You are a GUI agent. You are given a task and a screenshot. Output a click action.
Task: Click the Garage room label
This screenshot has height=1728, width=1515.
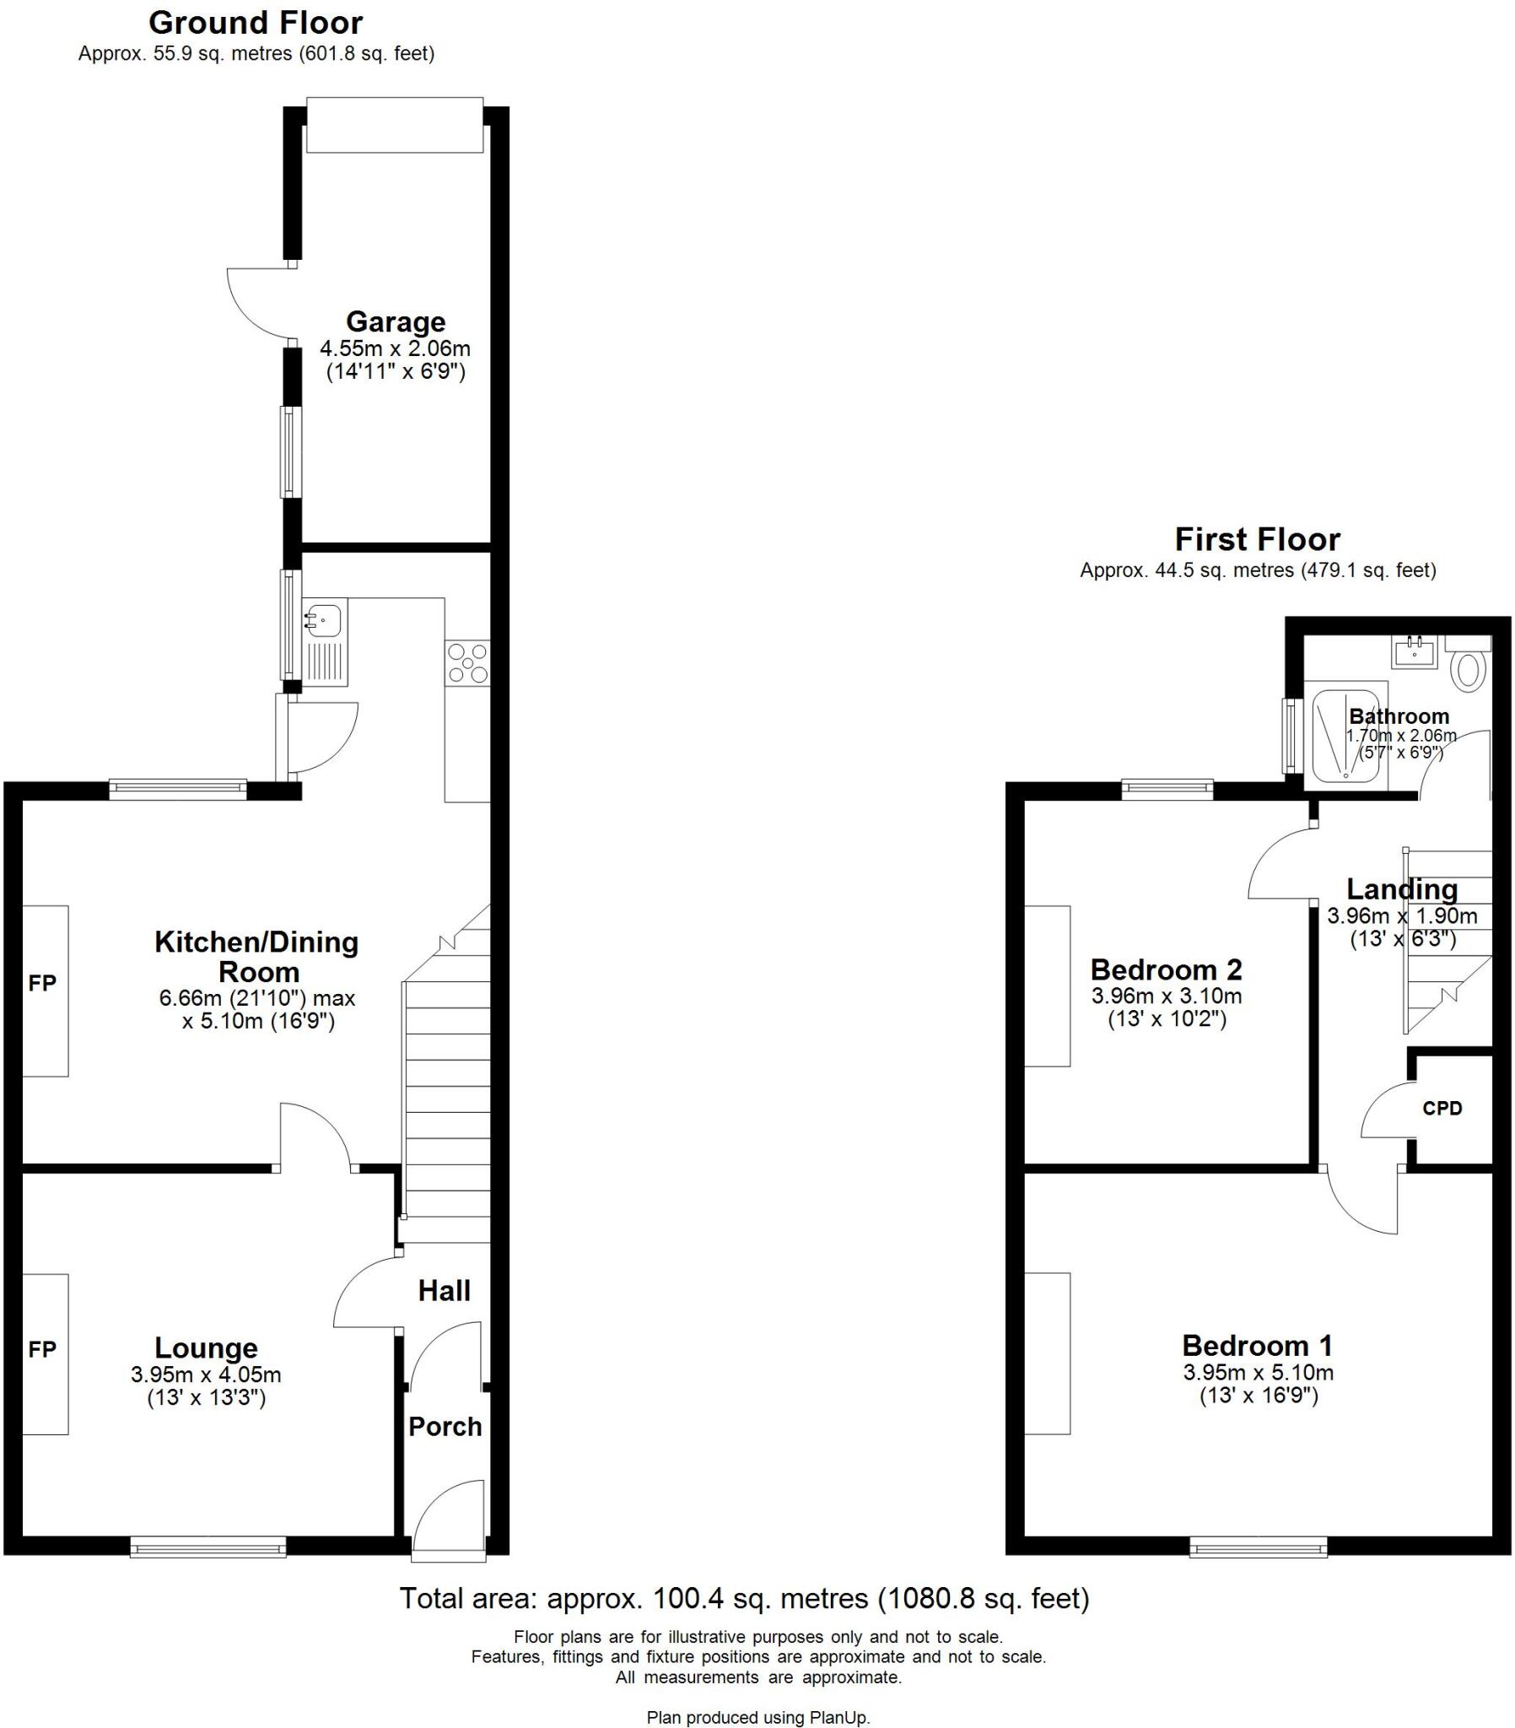point(395,322)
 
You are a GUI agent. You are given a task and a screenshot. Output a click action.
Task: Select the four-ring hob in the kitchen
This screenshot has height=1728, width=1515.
point(467,663)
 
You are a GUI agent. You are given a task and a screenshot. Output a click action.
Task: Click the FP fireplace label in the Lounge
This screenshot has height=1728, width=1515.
point(42,1350)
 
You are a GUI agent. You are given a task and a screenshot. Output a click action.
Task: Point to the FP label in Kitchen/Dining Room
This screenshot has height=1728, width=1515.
point(42,983)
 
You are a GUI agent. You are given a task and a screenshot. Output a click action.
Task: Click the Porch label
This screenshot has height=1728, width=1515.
point(445,1427)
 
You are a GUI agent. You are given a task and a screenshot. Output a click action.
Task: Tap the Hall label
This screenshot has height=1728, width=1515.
point(444,1291)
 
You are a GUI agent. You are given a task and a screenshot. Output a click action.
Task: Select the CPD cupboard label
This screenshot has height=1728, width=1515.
point(1442,1109)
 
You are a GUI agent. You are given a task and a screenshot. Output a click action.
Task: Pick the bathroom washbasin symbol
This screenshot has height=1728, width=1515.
point(1414,653)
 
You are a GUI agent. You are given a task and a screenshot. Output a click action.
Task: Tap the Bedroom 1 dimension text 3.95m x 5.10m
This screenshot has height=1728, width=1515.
point(1258,1373)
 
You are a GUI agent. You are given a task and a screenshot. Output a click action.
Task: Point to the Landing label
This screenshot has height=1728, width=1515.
point(1402,889)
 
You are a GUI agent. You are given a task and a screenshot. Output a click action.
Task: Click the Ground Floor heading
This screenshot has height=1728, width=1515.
point(256,22)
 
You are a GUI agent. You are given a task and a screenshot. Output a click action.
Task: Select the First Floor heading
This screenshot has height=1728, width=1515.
point(1257,539)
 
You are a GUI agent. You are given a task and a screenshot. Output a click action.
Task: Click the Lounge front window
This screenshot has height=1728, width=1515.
point(208,1548)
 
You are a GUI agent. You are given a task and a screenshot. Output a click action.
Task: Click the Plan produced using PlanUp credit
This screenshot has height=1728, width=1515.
point(757,1717)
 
